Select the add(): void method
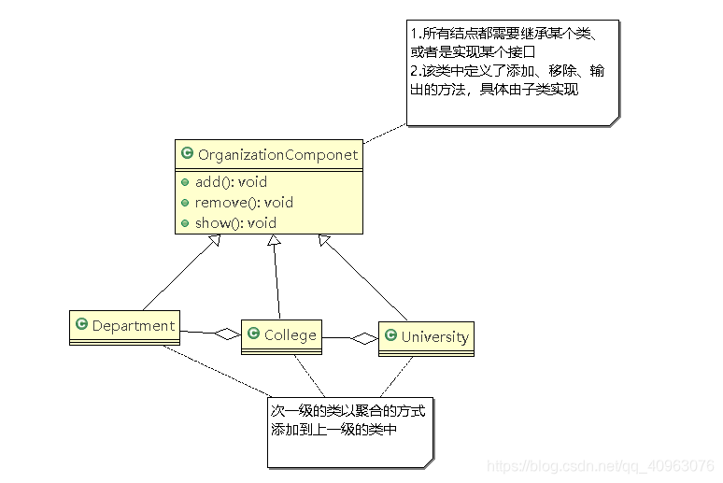[x=231, y=182]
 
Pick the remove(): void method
[x=244, y=202]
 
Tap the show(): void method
[x=235, y=222]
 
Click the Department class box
[x=124, y=327]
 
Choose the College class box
[x=281, y=336]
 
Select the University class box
[x=426, y=338]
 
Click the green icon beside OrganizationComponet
[x=187, y=154]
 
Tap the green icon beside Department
[x=81, y=326]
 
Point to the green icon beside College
[x=253, y=334]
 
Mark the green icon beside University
[x=390, y=336]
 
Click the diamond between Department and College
[x=227, y=333]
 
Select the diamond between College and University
[x=364, y=339]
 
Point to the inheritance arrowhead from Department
[x=214, y=240]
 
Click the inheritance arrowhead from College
[x=273, y=241]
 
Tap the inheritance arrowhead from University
[x=323, y=240]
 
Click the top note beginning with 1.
[x=512, y=70]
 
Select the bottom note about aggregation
[x=350, y=431]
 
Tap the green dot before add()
[x=186, y=182]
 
